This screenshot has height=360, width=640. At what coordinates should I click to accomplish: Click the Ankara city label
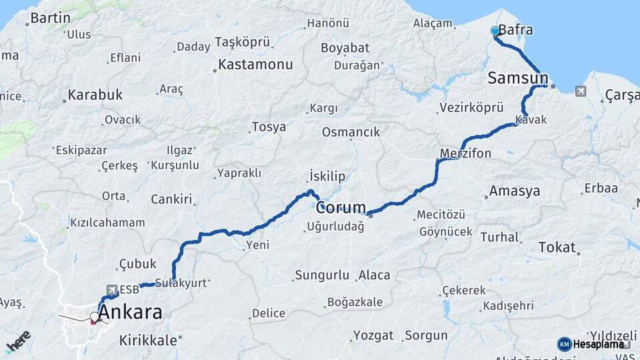[x=133, y=312]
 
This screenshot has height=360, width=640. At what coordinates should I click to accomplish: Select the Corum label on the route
[x=341, y=207]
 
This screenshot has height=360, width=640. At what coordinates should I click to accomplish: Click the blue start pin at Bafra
[x=495, y=31]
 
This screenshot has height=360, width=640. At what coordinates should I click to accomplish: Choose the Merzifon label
[x=465, y=153]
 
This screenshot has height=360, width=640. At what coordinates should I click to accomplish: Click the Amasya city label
[x=514, y=191]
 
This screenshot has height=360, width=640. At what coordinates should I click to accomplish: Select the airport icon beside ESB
[x=111, y=289]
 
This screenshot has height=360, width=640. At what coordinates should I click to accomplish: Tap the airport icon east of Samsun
[x=581, y=91]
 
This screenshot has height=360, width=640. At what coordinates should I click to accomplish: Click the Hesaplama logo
[x=593, y=344]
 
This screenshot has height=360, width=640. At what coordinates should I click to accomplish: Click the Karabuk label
[x=95, y=95]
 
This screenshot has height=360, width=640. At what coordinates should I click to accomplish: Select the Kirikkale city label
[x=148, y=340]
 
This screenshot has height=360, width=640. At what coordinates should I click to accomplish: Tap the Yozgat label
[x=373, y=335]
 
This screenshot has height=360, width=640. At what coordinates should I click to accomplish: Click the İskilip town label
[x=327, y=176]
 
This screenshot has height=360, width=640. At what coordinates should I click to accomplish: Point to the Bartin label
[x=51, y=18]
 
